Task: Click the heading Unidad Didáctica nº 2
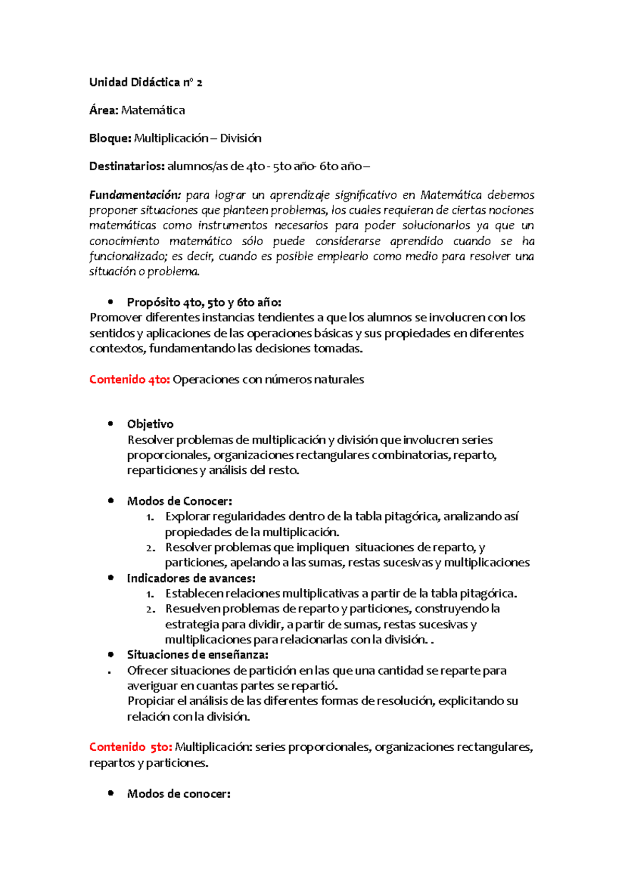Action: coord(145,82)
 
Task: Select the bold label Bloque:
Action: coord(110,138)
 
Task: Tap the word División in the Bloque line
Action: coord(241,138)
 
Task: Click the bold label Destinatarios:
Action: coord(127,167)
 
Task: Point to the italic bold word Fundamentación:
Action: coord(135,195)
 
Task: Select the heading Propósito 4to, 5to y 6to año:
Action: coord(204,302)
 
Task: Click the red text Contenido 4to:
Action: coord(129,380)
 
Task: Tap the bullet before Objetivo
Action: coord(110,424)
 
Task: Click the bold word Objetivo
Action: coord(150,424)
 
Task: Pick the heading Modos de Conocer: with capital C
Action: coord(179,501)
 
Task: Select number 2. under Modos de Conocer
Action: coord(151,548)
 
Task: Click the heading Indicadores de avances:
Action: coord(191,578)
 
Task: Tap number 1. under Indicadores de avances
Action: coord(150,594)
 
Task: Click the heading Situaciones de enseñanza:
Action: coord(197,655)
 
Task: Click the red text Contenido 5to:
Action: coord(130,747)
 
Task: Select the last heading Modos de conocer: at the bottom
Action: coord(178,794)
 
